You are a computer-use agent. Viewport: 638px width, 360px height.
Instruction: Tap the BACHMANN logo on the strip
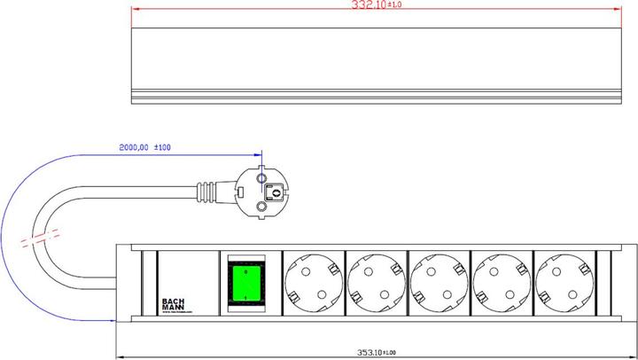point(174,303)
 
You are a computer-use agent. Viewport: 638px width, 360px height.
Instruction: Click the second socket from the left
point(376,283)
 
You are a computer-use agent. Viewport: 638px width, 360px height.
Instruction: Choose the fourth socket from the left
point(502,283)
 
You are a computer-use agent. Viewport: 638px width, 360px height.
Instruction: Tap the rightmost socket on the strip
point(564,283)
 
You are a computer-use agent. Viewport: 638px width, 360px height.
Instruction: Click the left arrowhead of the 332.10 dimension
point(135,10)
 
